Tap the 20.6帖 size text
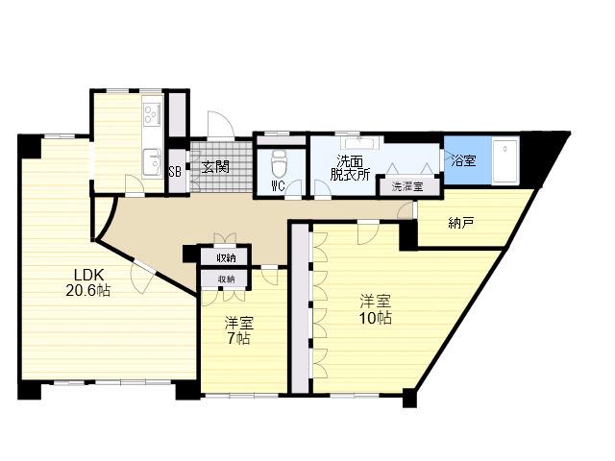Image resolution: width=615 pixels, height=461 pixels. point(87,290)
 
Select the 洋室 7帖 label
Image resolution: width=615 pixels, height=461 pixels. point(239,330)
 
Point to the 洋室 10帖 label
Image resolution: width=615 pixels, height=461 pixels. point(376,309)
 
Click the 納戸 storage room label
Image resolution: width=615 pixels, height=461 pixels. point(461,223)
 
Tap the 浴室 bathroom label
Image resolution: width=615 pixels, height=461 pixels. point(464,160)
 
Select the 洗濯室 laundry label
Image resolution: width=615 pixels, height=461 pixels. point(407,186)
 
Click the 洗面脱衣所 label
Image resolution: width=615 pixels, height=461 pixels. point(350,168)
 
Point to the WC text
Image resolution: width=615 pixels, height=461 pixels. point(278,186)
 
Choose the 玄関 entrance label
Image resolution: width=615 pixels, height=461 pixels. point(215,167)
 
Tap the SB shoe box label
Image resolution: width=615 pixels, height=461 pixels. point(175,172)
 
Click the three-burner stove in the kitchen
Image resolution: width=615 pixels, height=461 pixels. point(152,114)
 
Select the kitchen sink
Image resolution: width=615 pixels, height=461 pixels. point(152,162)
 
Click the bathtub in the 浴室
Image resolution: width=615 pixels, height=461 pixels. point(505,160)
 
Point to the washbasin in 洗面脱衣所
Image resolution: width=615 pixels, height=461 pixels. point(361,143)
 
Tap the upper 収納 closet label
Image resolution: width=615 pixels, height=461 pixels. point(226,258)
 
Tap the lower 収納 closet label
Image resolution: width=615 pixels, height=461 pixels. point(227,279)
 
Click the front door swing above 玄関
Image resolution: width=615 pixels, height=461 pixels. point(221,124)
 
